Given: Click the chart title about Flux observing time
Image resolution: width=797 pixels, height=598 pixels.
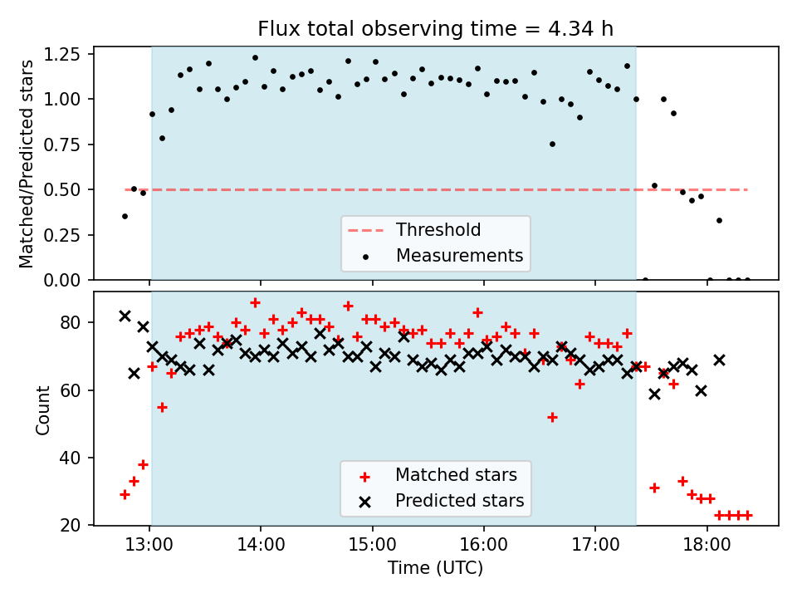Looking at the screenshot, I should click(436, 29).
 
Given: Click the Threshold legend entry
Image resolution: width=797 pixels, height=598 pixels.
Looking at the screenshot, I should click(438, 229).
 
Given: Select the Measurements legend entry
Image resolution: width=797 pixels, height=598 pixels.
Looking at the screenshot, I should click(459, 255).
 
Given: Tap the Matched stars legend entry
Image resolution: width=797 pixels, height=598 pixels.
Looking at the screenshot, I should click(456, 475).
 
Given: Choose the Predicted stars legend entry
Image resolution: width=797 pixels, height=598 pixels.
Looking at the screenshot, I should click(459, 501).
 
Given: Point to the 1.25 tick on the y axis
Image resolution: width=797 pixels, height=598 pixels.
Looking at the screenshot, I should click(67, 55).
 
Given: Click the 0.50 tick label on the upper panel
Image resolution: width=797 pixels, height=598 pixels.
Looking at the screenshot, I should click(67, 189).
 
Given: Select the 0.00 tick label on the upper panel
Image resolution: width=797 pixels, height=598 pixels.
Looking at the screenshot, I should click(67, 280).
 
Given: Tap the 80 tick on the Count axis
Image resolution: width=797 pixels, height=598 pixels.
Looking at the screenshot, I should click(73, 322).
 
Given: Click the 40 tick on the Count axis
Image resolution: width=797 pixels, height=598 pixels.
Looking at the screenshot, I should click(73, 458).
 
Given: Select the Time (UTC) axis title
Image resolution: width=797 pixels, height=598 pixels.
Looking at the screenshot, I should click(436, 569).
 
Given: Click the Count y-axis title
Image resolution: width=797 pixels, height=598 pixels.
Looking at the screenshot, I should click(42, 409).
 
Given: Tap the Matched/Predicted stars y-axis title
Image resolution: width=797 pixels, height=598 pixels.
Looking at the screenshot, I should click(27, 164).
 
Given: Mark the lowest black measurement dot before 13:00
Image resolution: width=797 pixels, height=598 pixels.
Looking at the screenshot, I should click(125, 216).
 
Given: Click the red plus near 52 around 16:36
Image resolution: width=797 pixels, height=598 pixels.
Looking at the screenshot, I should click(552, 417).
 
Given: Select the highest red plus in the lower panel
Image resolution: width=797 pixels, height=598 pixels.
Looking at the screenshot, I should click(255, 302).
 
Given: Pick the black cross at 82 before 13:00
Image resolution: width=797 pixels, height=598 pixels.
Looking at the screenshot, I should click(125, 316).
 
